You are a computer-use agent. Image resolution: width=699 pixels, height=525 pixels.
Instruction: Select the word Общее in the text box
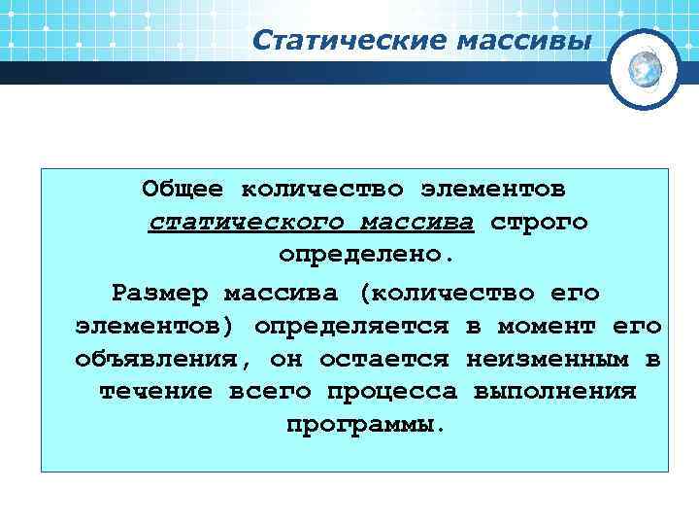pyautogui.click(x=183, y=186)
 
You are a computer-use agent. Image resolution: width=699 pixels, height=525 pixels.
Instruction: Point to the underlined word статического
pyautogui.click(x=246, y=222)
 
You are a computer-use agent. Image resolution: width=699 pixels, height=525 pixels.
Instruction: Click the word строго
pyautogui.click(x=539, y=222)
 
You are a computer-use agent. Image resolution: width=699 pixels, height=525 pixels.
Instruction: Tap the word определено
pyautogui.click(x=365, y=257)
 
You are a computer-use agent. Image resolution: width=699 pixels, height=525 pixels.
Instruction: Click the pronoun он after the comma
pyautogui.click(x=287, y=360)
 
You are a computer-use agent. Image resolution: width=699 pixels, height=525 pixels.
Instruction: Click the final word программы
pyautogui.click(x=365, y=426)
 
